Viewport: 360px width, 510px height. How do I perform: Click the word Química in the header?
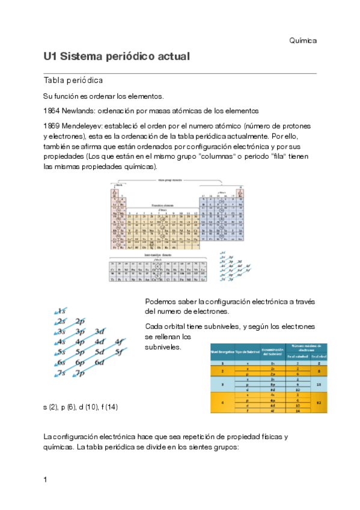(302, 40)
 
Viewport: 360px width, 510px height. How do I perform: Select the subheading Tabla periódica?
(73, 80)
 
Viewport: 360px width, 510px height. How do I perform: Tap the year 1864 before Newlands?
(52, 111)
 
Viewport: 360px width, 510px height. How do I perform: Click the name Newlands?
(78, 111)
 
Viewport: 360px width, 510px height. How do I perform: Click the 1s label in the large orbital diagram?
(61, 311)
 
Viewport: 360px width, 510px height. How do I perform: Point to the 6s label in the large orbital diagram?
(61, 363)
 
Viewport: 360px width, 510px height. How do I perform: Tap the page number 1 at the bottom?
(45, 479)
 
